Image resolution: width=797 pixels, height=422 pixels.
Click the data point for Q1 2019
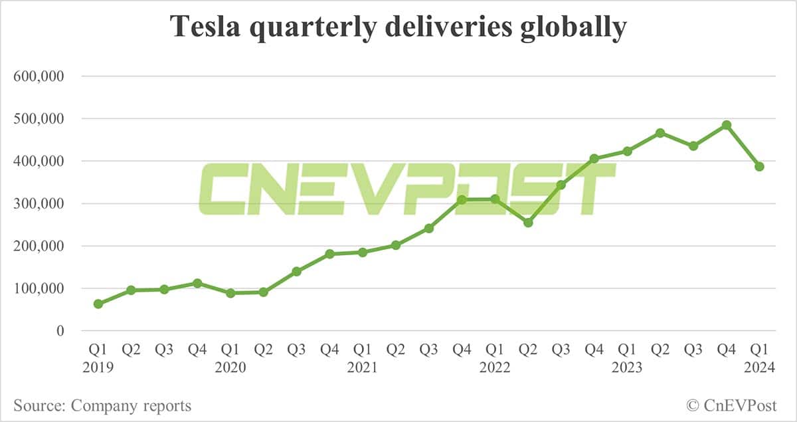98,304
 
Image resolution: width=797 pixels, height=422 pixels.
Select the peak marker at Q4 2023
727,125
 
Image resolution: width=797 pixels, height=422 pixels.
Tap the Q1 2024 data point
759,166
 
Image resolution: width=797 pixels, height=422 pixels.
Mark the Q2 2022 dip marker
528,222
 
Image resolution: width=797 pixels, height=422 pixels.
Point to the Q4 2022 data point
594,158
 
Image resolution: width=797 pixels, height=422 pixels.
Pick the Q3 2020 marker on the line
297,271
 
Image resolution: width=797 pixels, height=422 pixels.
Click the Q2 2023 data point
660,133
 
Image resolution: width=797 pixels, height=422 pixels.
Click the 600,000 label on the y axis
39,76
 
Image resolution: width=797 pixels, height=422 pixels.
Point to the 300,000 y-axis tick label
39,204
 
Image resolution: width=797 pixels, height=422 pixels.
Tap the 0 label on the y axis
59,331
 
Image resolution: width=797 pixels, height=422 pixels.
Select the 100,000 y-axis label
39,288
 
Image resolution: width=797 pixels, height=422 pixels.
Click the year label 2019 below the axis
98,368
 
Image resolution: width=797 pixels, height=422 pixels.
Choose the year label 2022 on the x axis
495,368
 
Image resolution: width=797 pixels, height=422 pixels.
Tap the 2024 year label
759,368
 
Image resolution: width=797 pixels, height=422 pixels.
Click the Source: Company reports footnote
102,405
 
